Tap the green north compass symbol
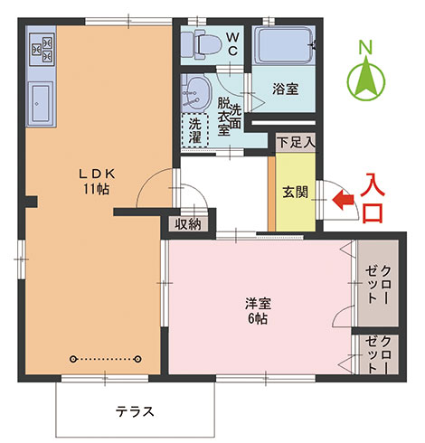coord(367,80)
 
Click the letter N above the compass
coord(365,46)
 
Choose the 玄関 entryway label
coord(294,192)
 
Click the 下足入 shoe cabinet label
coord(296,142)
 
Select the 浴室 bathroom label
coord(287,90)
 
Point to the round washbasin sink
coord(194,90)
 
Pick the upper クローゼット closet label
coord(378,285)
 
